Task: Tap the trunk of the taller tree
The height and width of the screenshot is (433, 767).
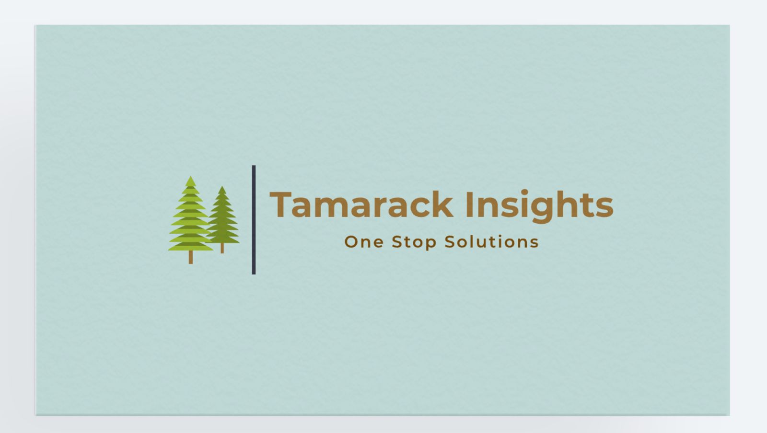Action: click(191, 257)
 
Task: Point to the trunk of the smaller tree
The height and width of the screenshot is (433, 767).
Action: click(222, 248)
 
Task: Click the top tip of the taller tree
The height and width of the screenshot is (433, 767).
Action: click(191, 178)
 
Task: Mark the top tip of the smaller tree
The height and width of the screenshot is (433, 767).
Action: click(221, 188)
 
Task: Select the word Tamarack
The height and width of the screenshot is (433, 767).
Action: click(361, 205)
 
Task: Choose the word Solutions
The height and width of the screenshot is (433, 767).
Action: click(491, 242)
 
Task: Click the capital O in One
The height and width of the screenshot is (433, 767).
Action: click(351, 242)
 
